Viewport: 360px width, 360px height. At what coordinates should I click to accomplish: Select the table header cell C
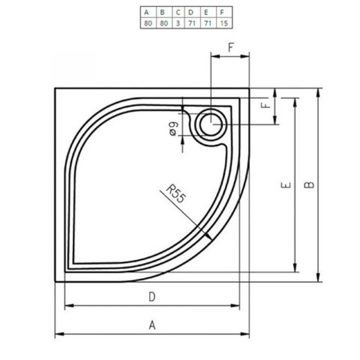(178, 12)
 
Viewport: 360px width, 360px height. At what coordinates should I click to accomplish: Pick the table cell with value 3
(178, 23)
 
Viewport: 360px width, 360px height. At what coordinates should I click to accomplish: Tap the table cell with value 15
(224, 23)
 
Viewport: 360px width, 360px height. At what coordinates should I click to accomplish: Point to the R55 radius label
(175, 193)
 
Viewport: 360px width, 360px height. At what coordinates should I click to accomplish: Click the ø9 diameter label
(173, 129)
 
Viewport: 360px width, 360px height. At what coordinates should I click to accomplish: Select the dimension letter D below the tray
(152, 297)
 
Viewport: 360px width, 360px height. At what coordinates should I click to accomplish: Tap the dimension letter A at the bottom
(152, 325)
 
